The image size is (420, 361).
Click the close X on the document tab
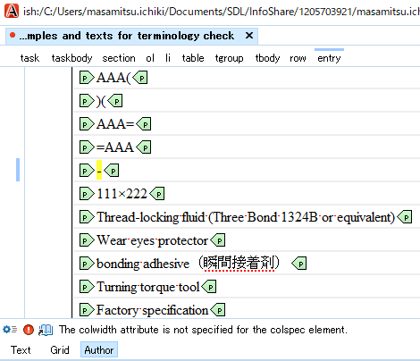(249, 36)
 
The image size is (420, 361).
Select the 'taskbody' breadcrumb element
(71, 58)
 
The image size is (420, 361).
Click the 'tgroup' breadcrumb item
(229, 58)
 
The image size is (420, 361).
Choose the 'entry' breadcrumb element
(329, 58)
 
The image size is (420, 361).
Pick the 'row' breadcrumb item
(298, 58)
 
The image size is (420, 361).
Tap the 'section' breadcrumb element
(119, 58)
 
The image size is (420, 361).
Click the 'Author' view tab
(99, 350)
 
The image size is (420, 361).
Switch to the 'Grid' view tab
(60, 350)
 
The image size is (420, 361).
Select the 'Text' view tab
(21, 350)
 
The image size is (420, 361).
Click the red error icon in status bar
(29, 330)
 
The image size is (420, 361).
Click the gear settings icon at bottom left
(6, 330)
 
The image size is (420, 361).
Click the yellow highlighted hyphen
(99, 171)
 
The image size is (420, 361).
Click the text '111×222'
(122, 194)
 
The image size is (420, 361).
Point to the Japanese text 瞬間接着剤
(239, 263)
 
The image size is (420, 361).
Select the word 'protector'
(182, 240)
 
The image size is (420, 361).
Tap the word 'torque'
(157, 287)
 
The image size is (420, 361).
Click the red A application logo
(12, 11)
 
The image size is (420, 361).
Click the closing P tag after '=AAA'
(144, 147)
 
